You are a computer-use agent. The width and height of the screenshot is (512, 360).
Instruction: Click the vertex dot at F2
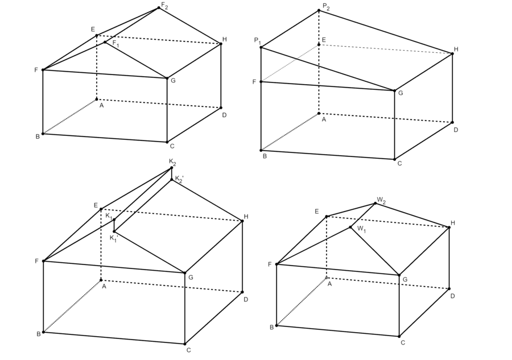(159, 8)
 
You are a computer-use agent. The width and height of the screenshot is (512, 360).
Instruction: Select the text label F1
(116, 43)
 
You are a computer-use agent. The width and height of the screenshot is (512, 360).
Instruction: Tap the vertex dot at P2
(319, 11)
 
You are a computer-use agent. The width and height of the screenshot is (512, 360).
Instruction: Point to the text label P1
(258, 41)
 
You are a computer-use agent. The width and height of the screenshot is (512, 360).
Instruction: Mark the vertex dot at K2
(172, 168)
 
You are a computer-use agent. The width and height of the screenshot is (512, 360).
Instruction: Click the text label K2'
(179, 179)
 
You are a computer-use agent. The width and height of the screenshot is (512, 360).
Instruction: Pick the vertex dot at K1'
(114, 231)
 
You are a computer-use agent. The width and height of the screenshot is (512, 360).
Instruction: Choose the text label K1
(109, 216)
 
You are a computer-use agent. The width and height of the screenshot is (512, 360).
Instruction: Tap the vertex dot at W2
(375, 204)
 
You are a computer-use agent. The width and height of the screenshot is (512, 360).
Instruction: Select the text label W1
(361, 229)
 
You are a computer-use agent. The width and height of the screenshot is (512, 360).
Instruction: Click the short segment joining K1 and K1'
(114, 226)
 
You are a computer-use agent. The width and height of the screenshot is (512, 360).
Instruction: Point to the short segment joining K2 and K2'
(172, 173)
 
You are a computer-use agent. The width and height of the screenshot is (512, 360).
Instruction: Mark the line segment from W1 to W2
(363, 216)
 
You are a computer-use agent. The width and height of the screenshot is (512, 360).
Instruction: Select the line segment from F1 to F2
(132, 25)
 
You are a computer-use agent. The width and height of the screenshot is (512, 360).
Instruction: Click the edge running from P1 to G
(328, 69)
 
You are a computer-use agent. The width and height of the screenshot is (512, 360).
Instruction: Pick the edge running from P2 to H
(386, 32)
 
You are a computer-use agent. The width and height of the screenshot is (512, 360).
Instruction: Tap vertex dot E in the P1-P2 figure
(319, 45)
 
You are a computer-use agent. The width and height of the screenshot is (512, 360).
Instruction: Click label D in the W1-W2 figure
(453, 296)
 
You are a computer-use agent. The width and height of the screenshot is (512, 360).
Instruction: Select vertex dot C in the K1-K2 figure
(185, 344)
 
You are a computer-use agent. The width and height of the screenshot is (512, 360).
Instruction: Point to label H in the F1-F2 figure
(225, 39)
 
